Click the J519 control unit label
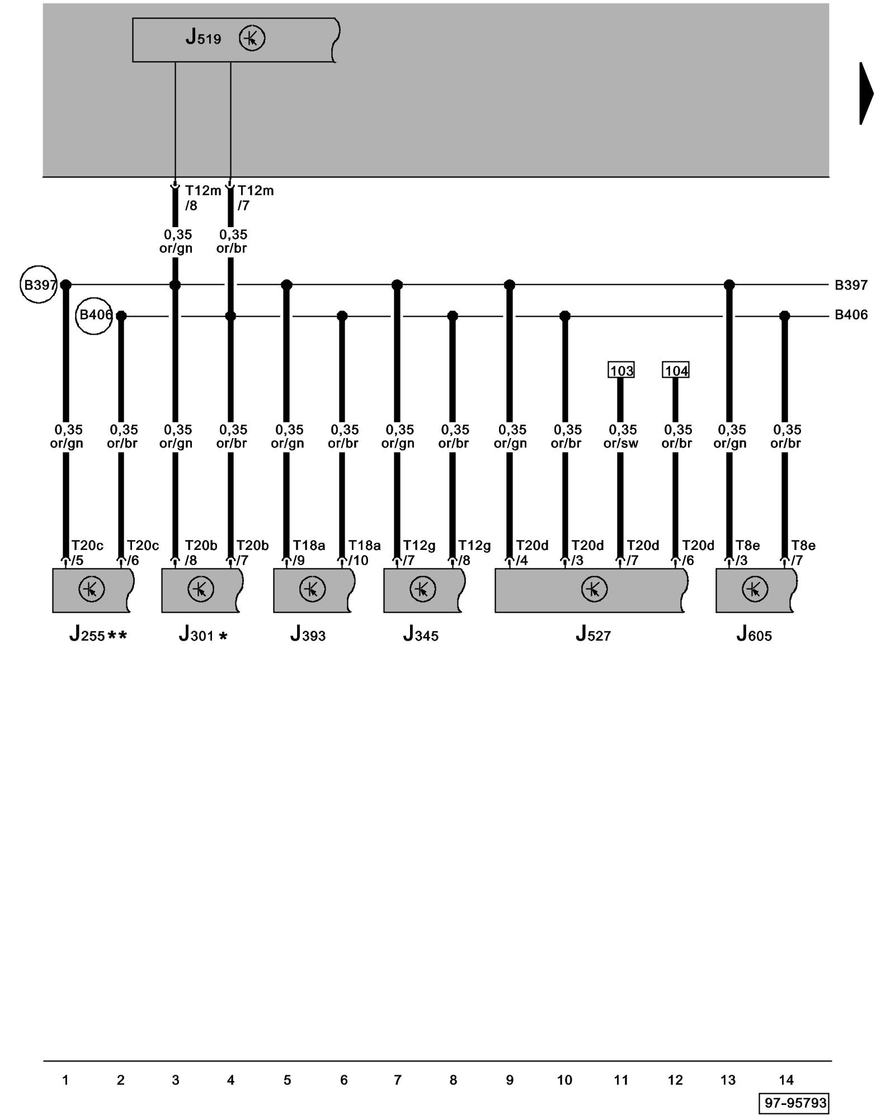(204, 38)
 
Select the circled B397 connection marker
(39, 285)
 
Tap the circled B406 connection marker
(94, 316)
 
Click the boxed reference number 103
(621, 370)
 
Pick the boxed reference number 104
(676, 370)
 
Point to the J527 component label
(593, 634)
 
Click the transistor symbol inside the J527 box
(594, 589)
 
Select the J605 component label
(754, 634)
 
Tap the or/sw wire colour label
(621, 443)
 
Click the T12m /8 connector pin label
(201, 198)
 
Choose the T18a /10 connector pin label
(364, 553)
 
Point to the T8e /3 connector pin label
(747, 553)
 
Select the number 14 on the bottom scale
(786, 1080)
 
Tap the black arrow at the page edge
(866, 93)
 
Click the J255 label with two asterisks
(98, 635)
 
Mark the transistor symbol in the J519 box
(252, 39)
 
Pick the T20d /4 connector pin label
(531, 553)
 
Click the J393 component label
(308, 634)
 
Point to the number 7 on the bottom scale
(398, 1080)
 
